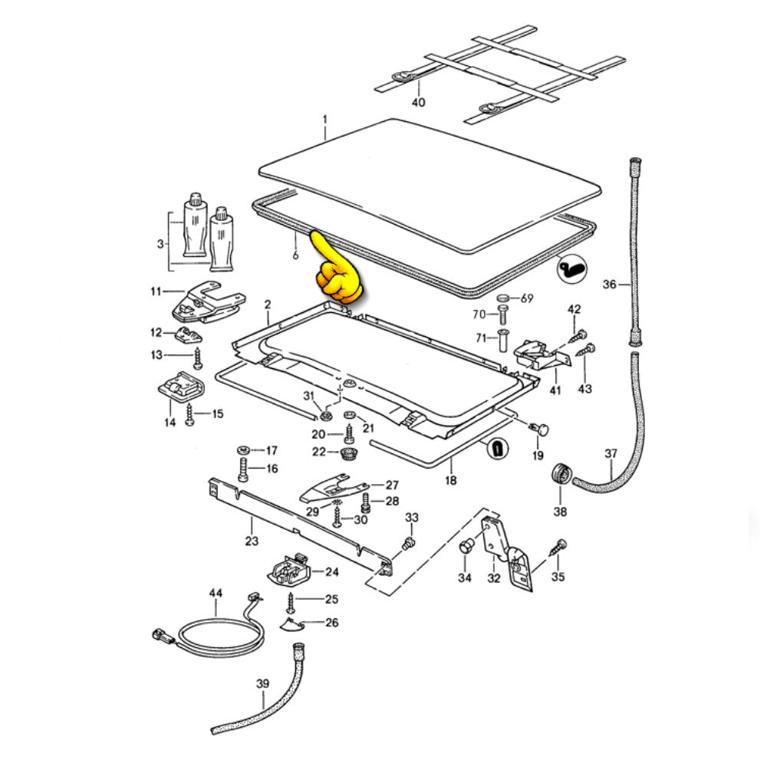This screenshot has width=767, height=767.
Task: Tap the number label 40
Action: point(417,102)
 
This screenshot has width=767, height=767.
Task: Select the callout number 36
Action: point(610,285)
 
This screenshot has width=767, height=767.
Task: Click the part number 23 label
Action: point(252,542)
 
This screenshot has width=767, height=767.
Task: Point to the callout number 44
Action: point(216,594)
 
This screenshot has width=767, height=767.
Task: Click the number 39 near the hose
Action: point(263,683)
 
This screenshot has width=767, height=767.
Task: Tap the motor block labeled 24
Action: point(288,569)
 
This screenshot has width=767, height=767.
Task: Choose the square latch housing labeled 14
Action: point(181,386)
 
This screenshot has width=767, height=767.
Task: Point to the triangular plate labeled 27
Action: point(330,486)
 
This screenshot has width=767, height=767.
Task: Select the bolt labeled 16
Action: point(243,469)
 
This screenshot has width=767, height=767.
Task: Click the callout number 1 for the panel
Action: point(324,120)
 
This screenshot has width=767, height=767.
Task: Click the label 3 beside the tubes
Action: point(160,244)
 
